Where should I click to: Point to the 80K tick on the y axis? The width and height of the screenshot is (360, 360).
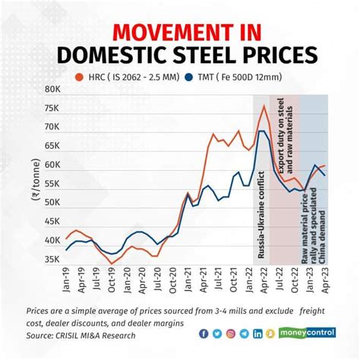[52, 89]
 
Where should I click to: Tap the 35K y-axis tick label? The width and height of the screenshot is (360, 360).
[52, 259]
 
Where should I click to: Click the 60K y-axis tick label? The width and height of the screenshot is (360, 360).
[52, 165]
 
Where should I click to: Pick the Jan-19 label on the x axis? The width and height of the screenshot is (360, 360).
[66, 286]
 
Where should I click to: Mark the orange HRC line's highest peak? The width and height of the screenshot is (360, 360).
[264, 106]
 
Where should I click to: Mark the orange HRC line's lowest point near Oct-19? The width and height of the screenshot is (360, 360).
[112, 263]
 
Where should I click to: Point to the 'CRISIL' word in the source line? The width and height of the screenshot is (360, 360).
[77, 335]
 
